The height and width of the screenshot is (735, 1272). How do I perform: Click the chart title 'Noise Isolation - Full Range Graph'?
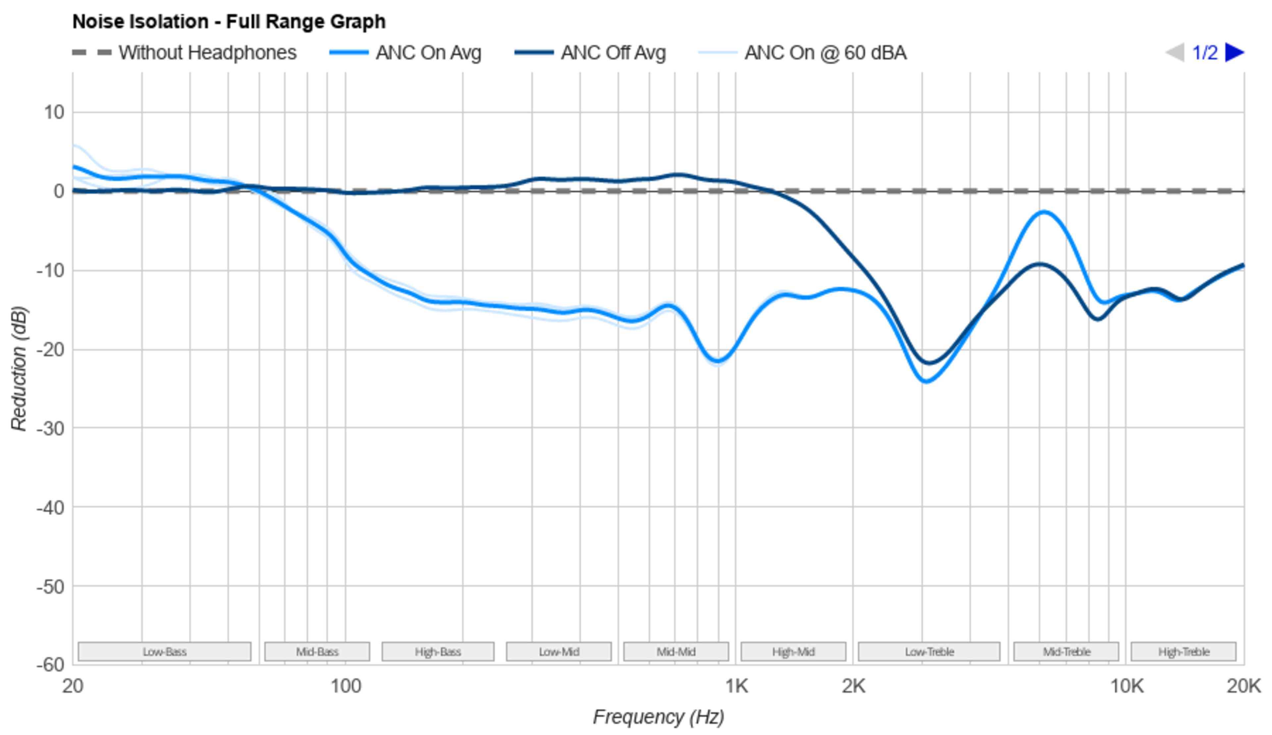pyautogui.click(x=229, y=22)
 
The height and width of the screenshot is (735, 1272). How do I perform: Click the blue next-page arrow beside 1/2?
pyautogui.click(x=1235, y=52)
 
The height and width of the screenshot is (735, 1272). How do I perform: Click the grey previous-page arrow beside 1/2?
pyautogui.click(x=1175, y=52)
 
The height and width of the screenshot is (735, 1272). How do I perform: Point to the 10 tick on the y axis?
pyautogui.click(x=54, y=112)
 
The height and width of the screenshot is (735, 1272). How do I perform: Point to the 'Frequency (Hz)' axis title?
pyautogui.click(x=658, y=717)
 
